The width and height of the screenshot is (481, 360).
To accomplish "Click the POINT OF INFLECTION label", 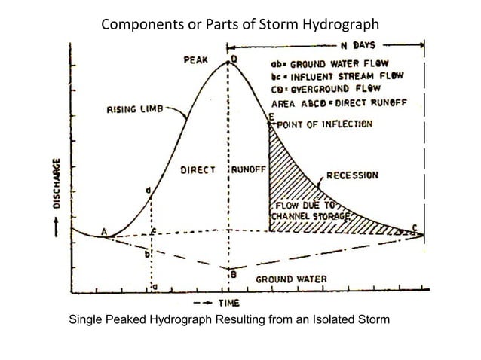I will point(323,123).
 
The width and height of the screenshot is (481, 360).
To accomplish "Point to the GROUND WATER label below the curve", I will point(293,279).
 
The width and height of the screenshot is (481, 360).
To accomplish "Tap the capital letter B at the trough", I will point(234,275).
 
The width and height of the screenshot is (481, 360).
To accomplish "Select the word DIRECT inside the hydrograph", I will point(198,169).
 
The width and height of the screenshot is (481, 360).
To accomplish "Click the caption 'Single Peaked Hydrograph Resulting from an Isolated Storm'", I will point(229,321).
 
